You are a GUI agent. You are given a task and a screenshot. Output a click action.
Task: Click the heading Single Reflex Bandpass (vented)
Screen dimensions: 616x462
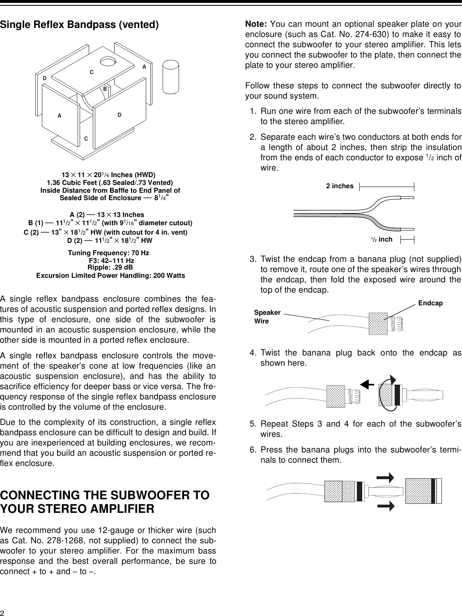pos(79,24)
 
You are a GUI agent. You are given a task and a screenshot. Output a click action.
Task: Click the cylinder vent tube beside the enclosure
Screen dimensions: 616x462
pos(171,76)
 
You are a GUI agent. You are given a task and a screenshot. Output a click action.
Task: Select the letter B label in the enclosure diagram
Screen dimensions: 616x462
pos(105,88)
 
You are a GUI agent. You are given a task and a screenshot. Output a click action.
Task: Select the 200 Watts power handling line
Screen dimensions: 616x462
pos(110,275)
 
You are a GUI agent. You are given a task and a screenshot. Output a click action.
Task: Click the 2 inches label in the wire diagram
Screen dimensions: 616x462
pos(340,186)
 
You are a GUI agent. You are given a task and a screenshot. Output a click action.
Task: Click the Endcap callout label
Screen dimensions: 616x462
pos(430,303)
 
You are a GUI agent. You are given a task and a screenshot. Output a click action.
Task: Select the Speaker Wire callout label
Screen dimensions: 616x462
pos(267,317)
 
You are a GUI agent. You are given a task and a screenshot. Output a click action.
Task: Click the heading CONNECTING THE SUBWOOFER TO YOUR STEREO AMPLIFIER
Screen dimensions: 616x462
pos(105,502)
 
